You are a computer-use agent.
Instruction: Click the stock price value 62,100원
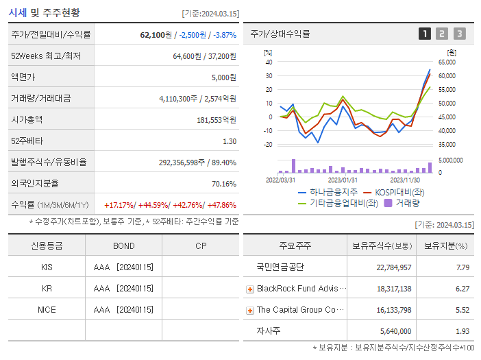tap(153, 34)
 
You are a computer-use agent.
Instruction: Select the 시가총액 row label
tap(27, 119)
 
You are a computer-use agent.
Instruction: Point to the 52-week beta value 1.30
tap(230, 141)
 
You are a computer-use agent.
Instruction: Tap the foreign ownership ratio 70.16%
tap(224, 184)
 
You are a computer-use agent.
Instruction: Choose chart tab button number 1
tap(425, 34)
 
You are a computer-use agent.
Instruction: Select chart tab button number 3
tap(459, 34)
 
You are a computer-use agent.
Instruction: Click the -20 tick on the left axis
tap(268, 145)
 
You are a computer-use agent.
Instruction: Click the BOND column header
tap(123, 246)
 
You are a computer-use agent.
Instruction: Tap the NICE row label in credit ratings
tap(47, 310)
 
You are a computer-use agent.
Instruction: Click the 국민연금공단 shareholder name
tap(280, 267)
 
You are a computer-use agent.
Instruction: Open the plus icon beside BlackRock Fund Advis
tap(250, 289)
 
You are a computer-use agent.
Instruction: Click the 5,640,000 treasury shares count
tap(394, 331)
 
